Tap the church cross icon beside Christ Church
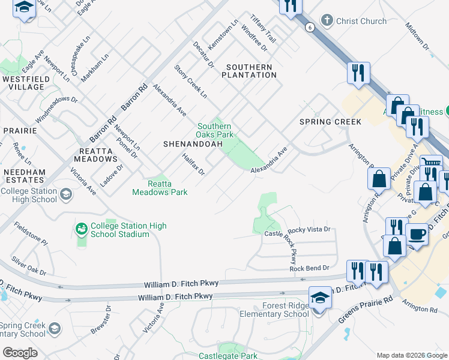(x=327, y=21)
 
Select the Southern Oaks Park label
(x=214, y=130)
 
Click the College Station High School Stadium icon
(x=81, y=229)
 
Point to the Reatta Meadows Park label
(x=160, y=187)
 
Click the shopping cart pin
(x=430, y=163)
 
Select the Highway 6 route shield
(x=309, y=28)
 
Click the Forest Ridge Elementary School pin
(x=320, y=298)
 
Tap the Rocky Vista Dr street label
(x=309, y=230)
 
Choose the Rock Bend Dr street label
(x=310, y=268)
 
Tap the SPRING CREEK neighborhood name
(x=330, y=122)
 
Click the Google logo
(x=20, y=353)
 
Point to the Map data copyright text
(x=411, y=355)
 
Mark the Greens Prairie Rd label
(x=365, y=307)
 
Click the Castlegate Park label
(x=228, y=356)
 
